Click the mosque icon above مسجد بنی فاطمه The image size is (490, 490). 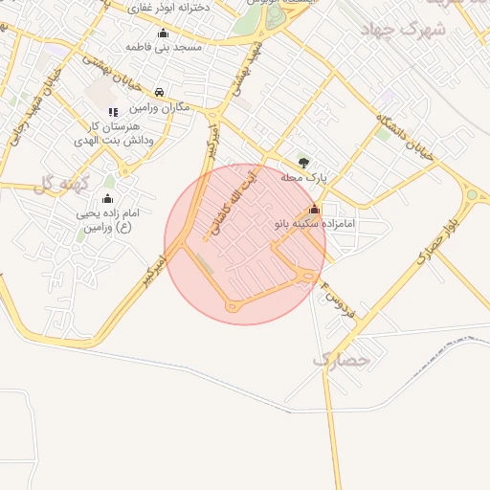click(x=163, y=33)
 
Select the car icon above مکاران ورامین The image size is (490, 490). click(x=158, y=93)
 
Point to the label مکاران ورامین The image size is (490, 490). click(x=158, y=107)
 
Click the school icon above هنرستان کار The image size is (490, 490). click(x=113, y=112)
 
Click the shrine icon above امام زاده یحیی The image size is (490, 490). click(x=106, y=199)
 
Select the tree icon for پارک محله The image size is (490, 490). click(x=303, y=163)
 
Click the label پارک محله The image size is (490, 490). click(x=304, y=177)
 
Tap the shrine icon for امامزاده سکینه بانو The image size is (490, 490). click(x=314, y=209)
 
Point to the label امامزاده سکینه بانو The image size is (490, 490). click(x=315, y=223)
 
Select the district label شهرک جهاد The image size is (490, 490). click(x=403, y=30)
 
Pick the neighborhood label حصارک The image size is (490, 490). click(x=340, y=360)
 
